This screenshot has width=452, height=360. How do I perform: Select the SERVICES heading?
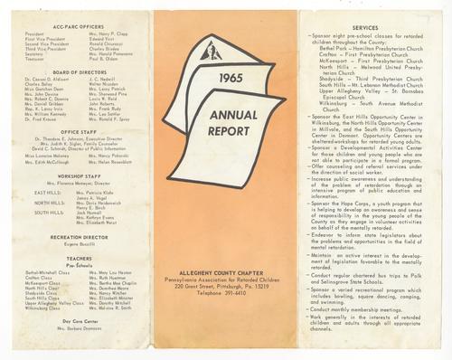364,27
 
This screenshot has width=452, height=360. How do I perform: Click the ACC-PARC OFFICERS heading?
77,26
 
